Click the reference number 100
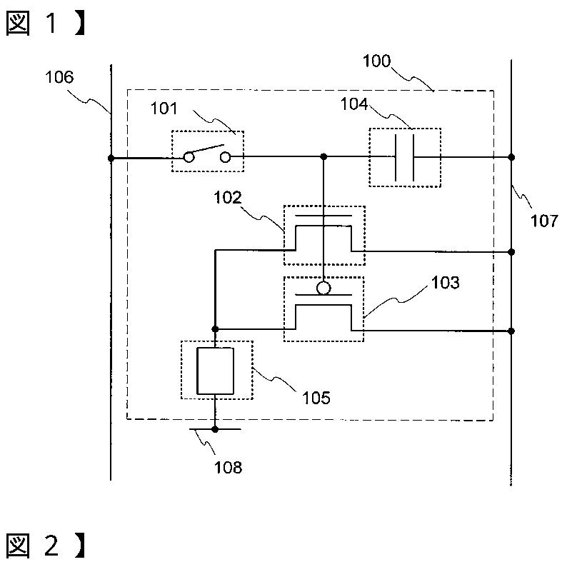(377, 61)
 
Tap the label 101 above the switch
(164, 109)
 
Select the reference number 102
(228, 197)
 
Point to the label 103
(446, 282)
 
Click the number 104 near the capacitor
(354, 104)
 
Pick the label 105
(316, 398)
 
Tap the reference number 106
(59, 77)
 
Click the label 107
(544, 221)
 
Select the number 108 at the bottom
(228, 467)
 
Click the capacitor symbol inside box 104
(405, 157)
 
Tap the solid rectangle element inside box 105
(215, 371)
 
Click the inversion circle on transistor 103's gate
(323, 288)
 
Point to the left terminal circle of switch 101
(189, 157)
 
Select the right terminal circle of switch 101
(226, 157)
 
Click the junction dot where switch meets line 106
(111, 158)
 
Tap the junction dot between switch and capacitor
(323, 156)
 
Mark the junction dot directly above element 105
(215, 329)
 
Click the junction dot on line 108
(215, 429)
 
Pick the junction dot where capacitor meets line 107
(511, 157)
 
